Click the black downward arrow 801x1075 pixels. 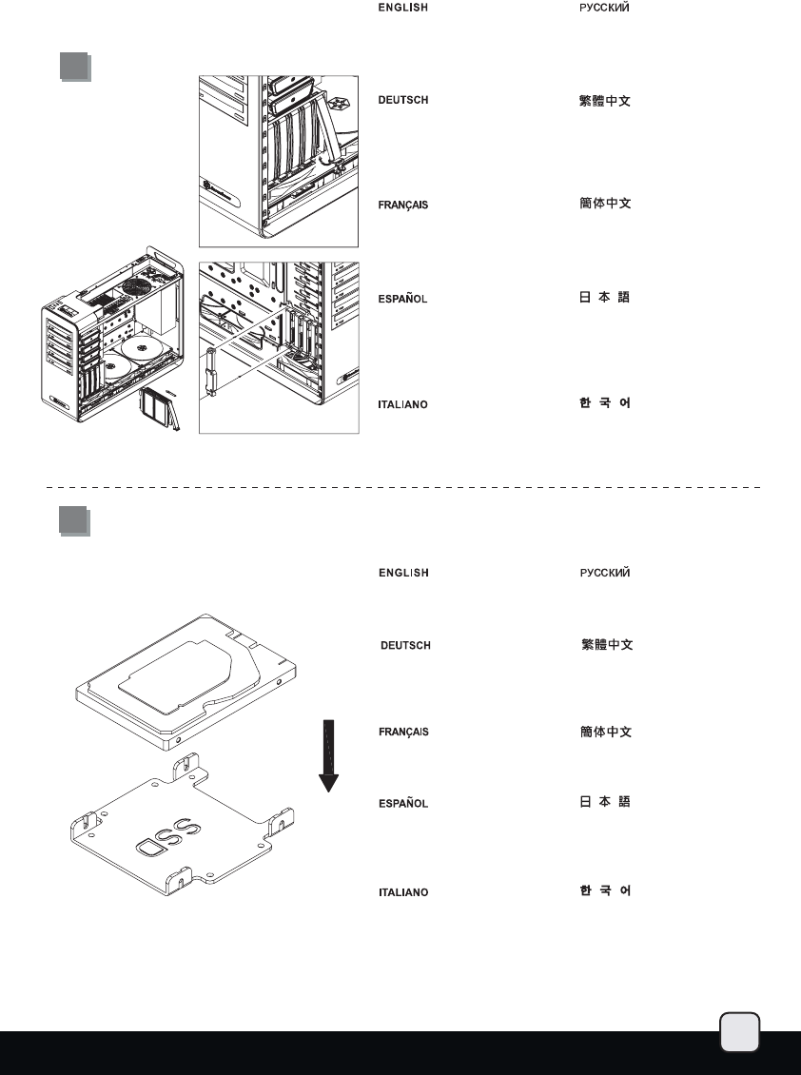[x=328, y=756]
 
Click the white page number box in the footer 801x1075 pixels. [x=739, y=1032]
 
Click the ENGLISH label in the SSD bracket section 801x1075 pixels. [x=403, y=573]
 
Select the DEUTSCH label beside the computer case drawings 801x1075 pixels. [x=402, y=100]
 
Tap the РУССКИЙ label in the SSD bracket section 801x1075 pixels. [x=605, y=573]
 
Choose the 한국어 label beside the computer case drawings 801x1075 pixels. [x=605, y=403]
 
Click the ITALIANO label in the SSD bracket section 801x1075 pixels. [x=403, y=892]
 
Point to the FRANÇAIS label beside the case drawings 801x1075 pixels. [x=402, y=205]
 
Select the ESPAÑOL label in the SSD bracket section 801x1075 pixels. [x=403, y=803]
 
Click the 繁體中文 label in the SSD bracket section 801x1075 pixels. [x=606, y=646]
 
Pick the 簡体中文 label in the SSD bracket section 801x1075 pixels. [x=606, y=732]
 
